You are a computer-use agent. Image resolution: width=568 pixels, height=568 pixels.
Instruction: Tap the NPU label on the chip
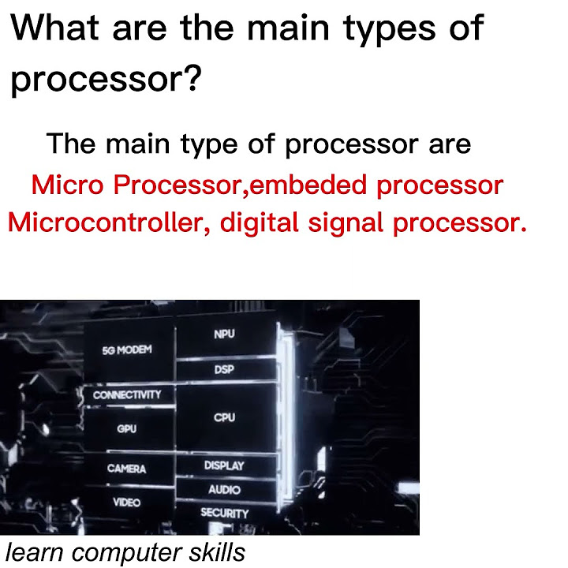[224, 334]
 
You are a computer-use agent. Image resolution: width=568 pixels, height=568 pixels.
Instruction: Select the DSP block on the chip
[224, 369]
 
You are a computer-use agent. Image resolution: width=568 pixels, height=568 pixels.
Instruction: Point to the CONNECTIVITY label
[127, 394]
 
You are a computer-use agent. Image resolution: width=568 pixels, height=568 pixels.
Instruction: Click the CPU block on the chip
[224, 417]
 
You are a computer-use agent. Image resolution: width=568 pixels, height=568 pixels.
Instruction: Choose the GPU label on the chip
[126, 429]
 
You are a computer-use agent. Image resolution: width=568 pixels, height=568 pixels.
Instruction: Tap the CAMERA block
[126, 469]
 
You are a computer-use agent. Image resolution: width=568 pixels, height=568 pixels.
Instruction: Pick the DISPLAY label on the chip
[224, 465]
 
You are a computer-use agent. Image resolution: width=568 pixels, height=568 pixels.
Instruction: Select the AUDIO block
[224, 490]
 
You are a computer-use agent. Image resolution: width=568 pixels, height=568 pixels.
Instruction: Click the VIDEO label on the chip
[126, 502]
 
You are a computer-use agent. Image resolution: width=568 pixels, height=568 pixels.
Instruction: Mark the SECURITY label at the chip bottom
[224, 514]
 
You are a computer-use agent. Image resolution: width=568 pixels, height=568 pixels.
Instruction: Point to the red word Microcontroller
[106, 222]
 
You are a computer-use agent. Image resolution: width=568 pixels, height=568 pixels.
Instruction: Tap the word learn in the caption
[35, 552]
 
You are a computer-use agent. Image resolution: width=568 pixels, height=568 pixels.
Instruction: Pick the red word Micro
[68, 185]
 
